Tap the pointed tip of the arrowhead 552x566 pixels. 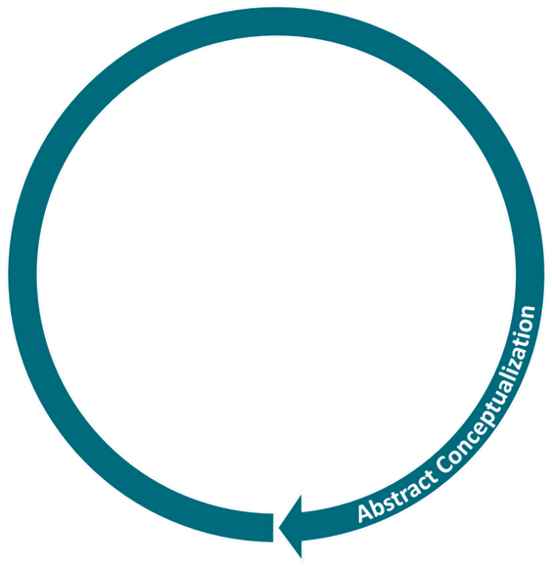(x=279, y=528)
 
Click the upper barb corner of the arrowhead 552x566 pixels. (x=301, y=495)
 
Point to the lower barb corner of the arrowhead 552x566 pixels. (x=301, y=558)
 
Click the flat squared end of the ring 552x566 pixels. (x=272, y=527)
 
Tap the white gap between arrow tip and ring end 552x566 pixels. (x=276, y=528)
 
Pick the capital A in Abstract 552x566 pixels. (x=364, y=512)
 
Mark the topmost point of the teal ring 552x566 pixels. (x=276, y=8)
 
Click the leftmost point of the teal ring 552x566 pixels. (x=9, y=275)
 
